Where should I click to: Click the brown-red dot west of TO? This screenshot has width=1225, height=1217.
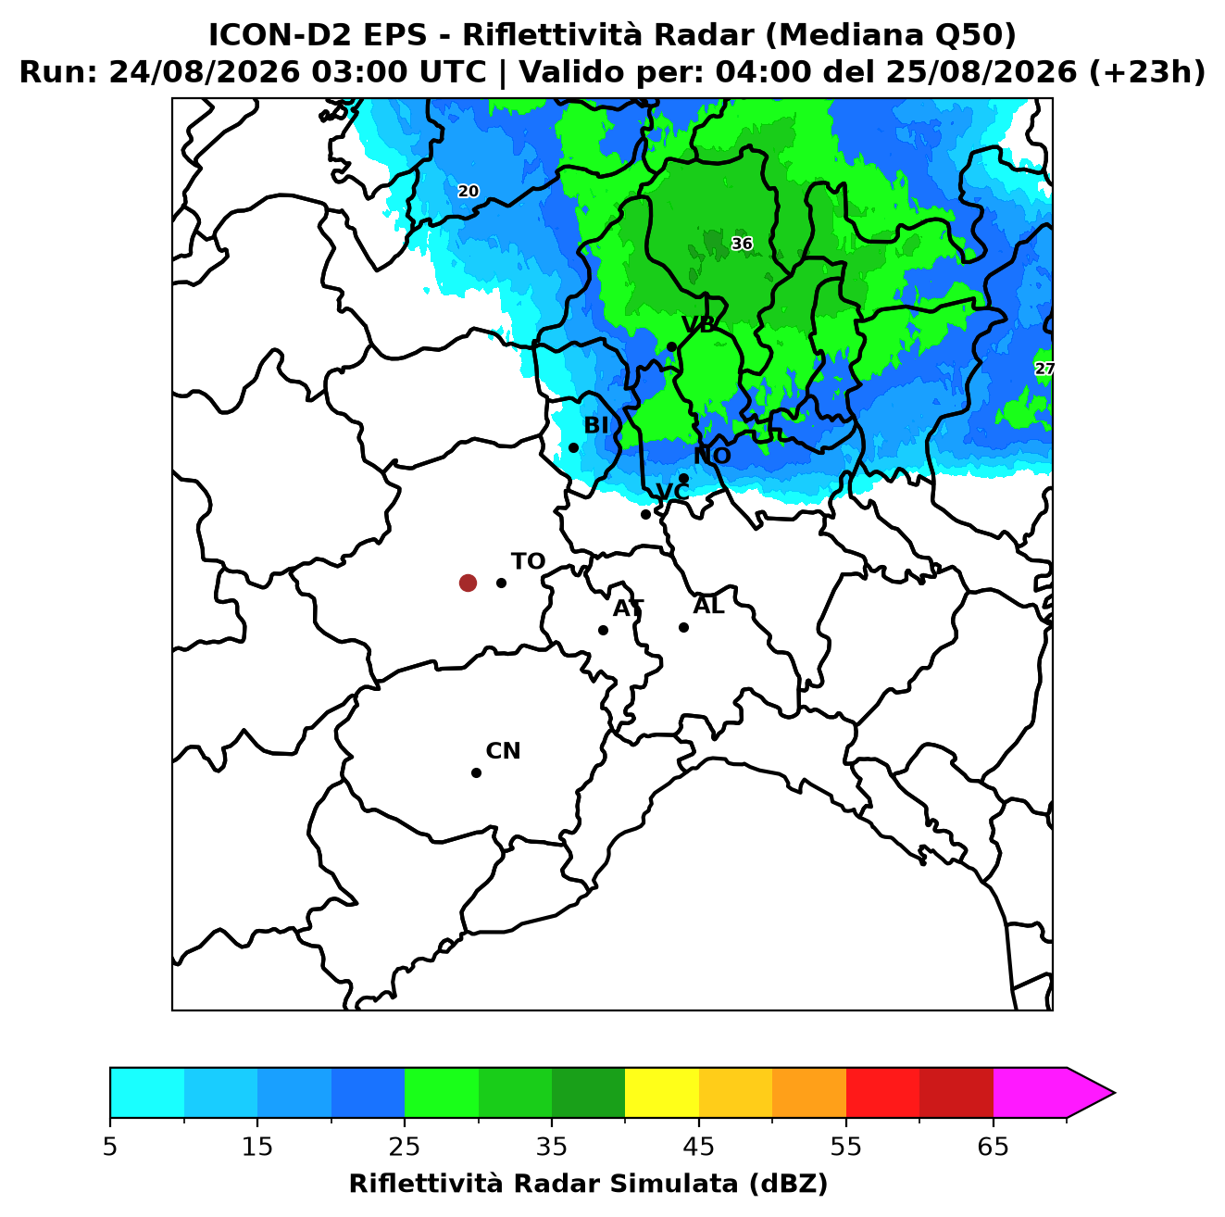[468, 582]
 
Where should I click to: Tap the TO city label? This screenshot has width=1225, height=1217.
[528, 561]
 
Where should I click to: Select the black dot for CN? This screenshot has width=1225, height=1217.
[476, 772]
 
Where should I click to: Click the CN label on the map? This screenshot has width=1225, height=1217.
[503, 751]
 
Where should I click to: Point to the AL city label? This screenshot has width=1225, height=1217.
[708, 605]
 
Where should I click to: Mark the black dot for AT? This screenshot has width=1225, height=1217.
[603, 630]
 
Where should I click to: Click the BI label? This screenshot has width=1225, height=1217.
[595, 425]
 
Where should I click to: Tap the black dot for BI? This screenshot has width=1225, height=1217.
[573, 448]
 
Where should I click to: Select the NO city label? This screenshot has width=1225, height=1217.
[712, 456]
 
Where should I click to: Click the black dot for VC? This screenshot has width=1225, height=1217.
[645, 514]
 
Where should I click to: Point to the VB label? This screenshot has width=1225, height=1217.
[698, 324]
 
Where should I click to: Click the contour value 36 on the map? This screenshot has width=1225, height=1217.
[742, 244]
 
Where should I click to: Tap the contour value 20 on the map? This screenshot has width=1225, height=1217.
[468, 191]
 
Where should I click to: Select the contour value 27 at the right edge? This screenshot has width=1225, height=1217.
[1044, 369]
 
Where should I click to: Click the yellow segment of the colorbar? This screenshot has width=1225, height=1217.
[662, 1092]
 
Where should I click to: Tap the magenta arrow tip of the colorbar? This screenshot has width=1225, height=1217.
[1113, 1092]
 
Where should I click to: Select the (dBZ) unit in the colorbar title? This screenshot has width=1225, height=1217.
[788, 1184]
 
